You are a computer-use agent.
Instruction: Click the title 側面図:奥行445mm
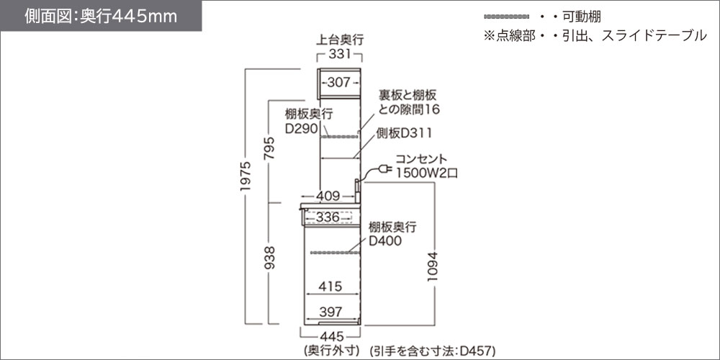[x=101, y=16]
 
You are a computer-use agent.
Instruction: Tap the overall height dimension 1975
[x=246, y=176]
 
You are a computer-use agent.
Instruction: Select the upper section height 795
[x=269, y=148]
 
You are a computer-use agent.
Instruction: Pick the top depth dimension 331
[x=341, y=55]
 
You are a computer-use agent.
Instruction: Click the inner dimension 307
[x=339, y=83]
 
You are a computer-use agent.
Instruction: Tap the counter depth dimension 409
[x=329, y=196]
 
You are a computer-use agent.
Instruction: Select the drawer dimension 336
[x=328, y=217]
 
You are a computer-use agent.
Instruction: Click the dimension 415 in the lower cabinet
[x=330, y=287]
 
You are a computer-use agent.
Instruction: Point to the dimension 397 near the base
[x=330, y=312]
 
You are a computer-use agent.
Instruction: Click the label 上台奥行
[x=340, y=40]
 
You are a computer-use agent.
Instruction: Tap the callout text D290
[x=301, y=129]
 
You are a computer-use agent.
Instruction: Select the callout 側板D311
[x=404, y=133]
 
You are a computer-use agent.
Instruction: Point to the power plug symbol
[x=384, y=170]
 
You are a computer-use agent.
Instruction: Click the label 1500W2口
[x=426, y=173]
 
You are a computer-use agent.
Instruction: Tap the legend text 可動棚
[x=582, y=17]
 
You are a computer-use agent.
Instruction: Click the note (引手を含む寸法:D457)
[x=433, y=351]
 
